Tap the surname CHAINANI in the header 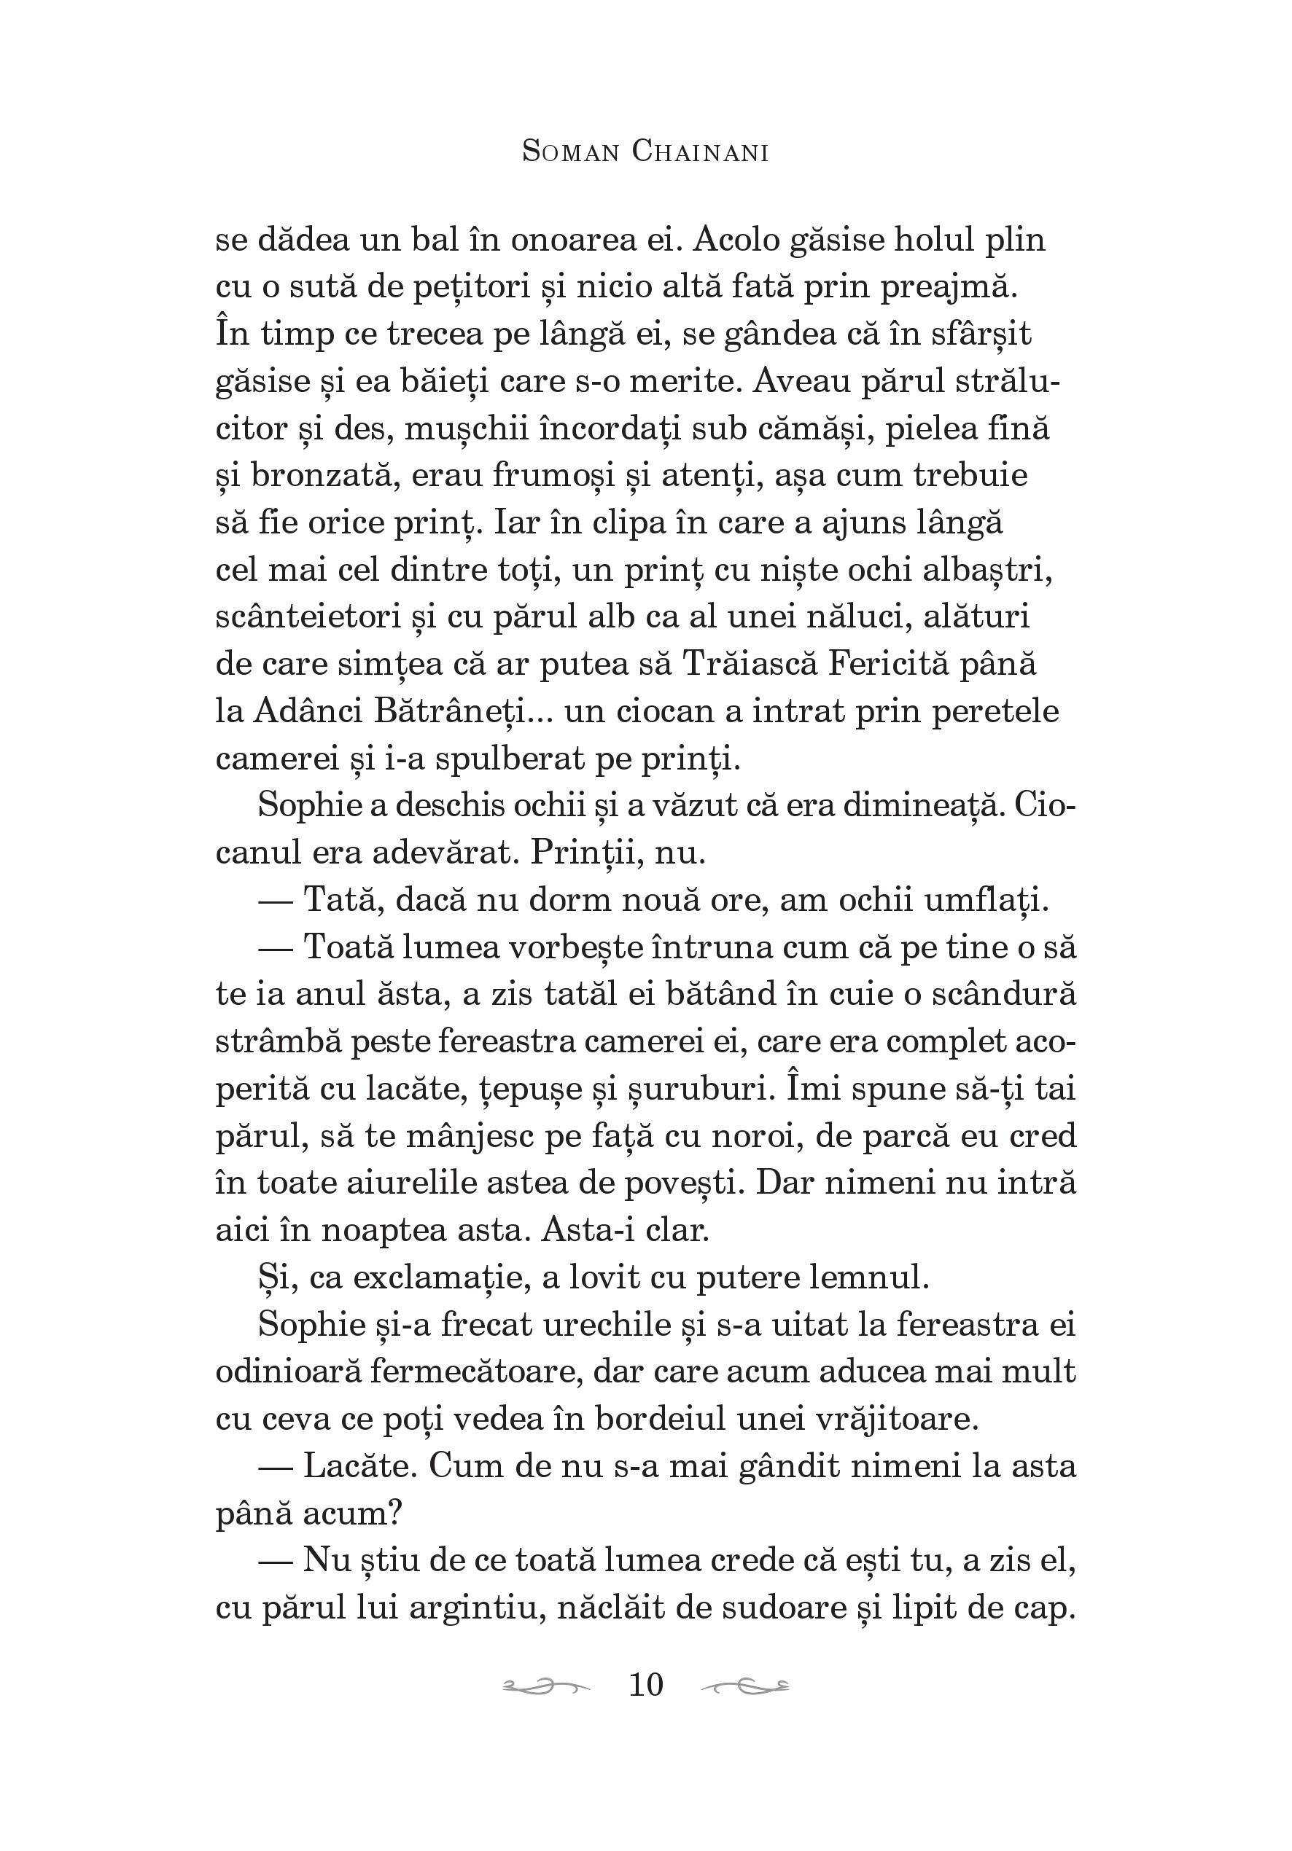click(x=699, y=152)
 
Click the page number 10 click(x=645, y=1684)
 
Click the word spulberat click(x=510, y=759)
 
